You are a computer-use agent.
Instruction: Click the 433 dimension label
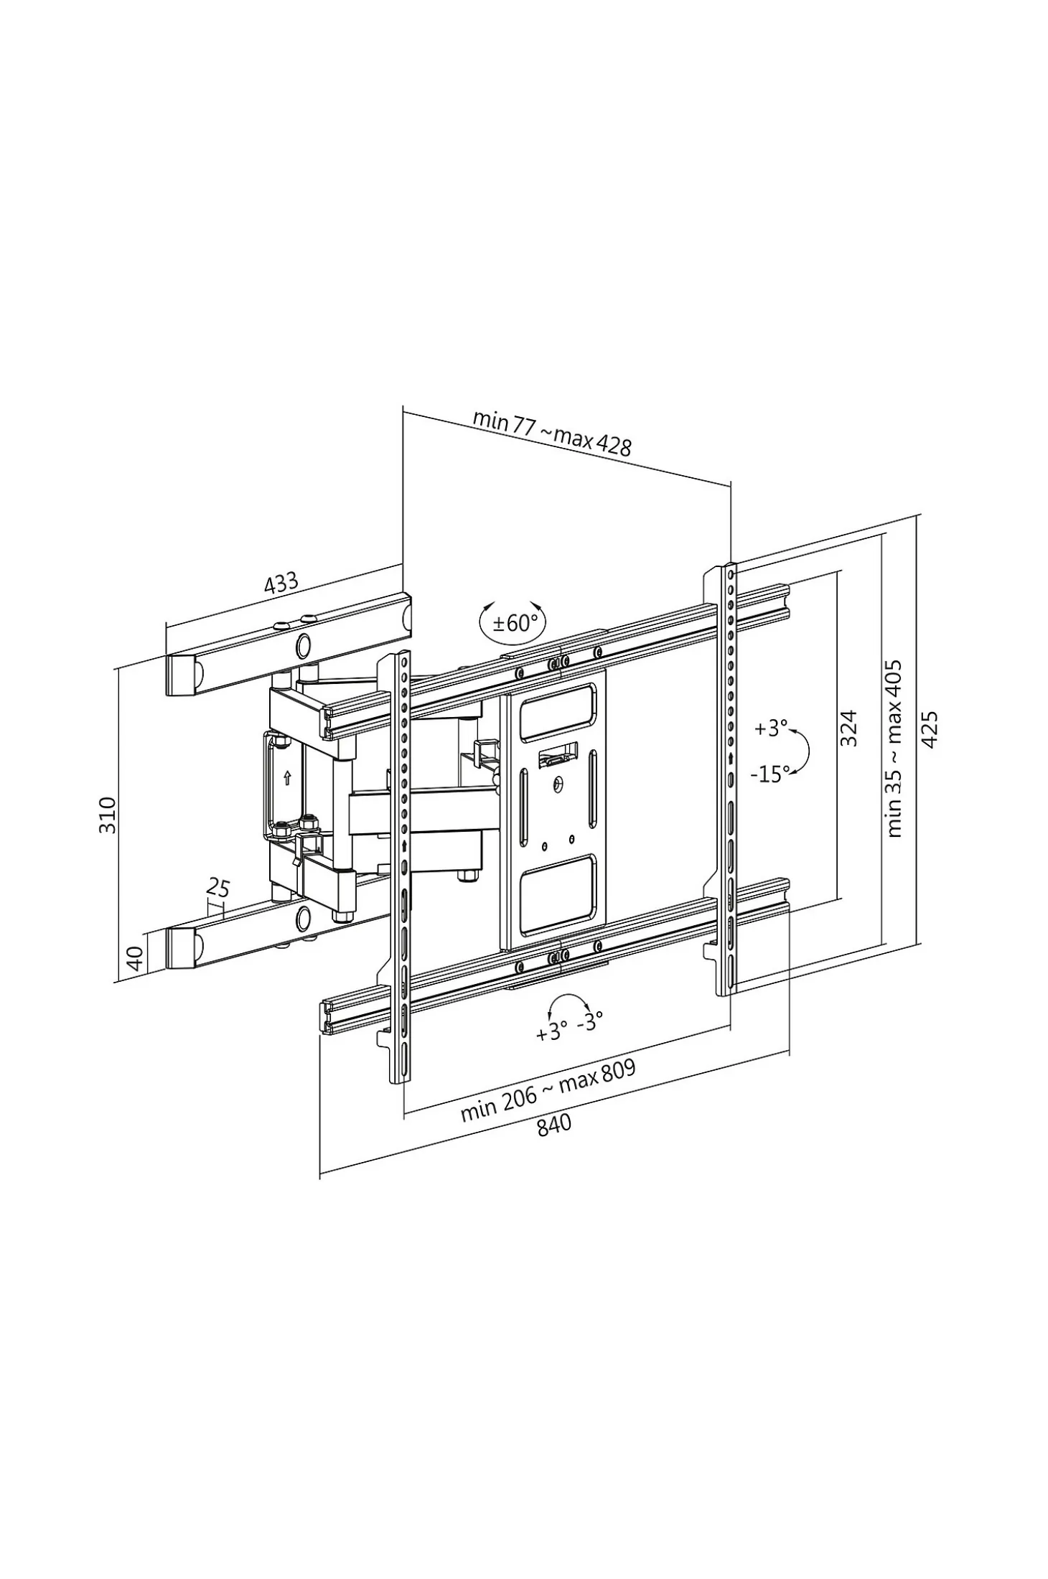pos(281,583)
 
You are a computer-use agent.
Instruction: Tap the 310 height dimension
pos(107,815)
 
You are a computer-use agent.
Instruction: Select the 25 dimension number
pos(218,889)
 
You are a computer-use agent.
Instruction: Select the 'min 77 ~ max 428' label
pos(551,433)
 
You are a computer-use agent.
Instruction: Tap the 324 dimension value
pos(848,728)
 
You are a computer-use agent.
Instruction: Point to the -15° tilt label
pos(770,774)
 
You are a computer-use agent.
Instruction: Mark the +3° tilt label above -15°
pos(772,728)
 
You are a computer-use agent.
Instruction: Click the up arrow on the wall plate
pos(287,777)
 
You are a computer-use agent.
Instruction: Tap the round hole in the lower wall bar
pos(304,917)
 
